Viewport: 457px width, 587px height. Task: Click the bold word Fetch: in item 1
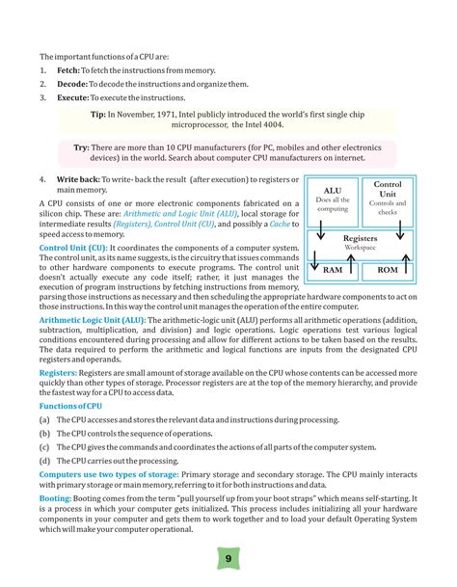[x=69, y=70]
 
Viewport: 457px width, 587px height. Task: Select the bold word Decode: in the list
[x=73, y=84]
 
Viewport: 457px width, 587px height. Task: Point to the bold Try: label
[x=82, y=148]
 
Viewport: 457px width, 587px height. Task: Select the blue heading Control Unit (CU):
[x=73, y=248]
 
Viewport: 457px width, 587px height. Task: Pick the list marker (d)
[x=44, y=461]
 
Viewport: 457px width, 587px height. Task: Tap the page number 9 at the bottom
[x=228, y=558]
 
